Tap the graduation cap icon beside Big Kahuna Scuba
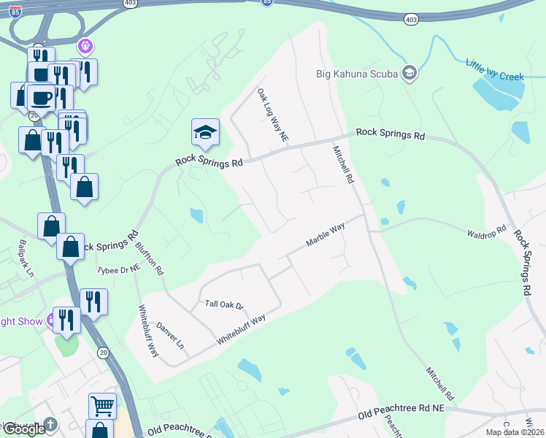(409, 72)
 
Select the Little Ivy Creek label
(494, 64)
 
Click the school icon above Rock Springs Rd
(205, 132)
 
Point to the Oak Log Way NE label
(273, 115)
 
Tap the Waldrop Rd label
(486, 231)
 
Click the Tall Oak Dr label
(223, 304)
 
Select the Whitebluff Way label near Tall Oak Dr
(240, 330)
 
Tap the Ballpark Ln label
(27, 258)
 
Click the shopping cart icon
(102, 405)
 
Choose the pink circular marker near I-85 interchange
(85, 47)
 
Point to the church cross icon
(50, 423)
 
